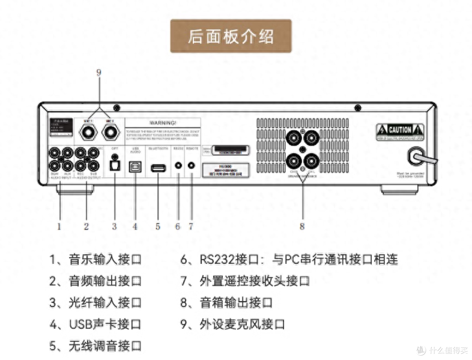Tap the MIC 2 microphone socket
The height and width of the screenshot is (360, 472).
point(110,131)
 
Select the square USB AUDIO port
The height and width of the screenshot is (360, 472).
point(134,167)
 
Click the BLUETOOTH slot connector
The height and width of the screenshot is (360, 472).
point(158,167)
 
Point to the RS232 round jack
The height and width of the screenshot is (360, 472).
point(178,166)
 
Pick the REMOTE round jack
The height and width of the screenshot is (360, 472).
point(191,166)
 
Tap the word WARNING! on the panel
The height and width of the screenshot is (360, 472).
point(163,123)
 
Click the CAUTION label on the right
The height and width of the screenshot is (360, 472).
point(400,129)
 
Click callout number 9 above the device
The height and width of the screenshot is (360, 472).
point(99,73)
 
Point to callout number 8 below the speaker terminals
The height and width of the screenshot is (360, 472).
point(302,226)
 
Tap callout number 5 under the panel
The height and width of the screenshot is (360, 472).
point(158,226)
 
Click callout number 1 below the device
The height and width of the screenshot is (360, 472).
point(59,226)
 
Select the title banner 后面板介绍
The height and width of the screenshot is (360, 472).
point(231,36)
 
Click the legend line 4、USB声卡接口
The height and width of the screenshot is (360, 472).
point(95,325)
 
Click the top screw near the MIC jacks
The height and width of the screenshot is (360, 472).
point(116,108)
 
